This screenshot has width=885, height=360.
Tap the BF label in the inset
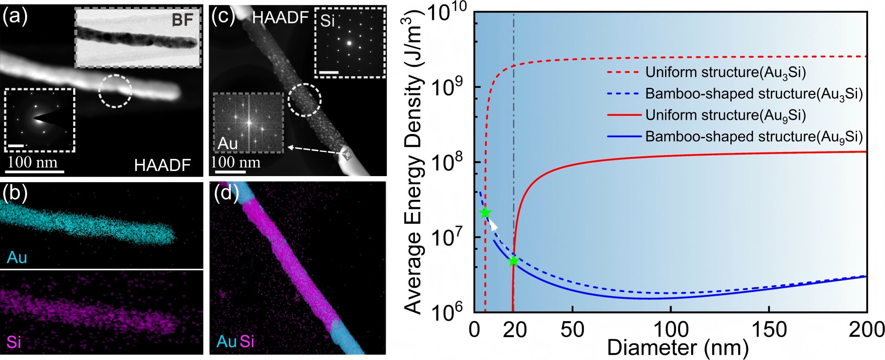coord(183,21)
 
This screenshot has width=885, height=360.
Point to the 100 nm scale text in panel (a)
coord(32,162)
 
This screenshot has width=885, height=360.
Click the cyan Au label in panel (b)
coord(17,258)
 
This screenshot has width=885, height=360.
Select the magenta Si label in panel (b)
coord(14,342)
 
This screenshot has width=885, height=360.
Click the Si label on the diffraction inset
coord(328,21)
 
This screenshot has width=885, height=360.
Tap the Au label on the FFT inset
coord(228,143)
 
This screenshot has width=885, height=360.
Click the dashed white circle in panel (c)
coord(304,99)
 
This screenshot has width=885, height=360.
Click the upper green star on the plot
coord(486,213)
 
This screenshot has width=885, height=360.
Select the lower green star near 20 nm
coord(513,261)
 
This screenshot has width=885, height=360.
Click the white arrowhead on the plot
coord(494,225)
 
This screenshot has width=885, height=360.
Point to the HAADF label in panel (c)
coord(280,18)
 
